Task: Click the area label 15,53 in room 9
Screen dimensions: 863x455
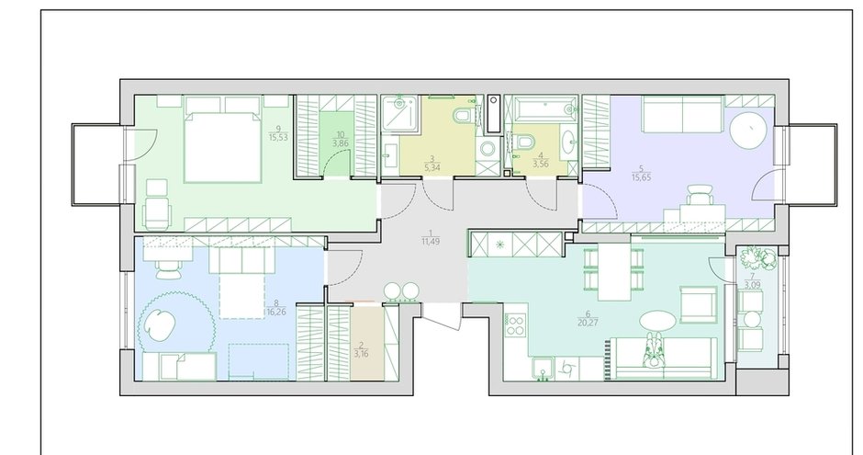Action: (x=278, y=137)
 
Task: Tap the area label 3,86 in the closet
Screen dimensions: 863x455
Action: (x=342, y=142)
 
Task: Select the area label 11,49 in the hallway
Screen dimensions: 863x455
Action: (x=431, y=241)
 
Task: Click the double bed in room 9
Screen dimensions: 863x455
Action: (x=223, y=145)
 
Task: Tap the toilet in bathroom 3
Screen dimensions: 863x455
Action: (x=464, y=116)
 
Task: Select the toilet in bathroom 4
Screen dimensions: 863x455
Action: (x=525, y=142)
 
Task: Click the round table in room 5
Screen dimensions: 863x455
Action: (x=748, y=130)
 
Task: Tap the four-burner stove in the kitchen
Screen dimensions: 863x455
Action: (x=516, y=324)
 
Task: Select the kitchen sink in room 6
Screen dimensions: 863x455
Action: (x=544, y=369)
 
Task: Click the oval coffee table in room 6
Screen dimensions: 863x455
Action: (x=657, y=320)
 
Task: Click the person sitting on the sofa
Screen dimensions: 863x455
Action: (x=655, y=351)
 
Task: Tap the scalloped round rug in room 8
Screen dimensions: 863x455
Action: (x=175, y=324)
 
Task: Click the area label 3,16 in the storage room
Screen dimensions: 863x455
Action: (x=362, y=350)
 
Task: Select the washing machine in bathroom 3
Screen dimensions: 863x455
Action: (x=487, y=149)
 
